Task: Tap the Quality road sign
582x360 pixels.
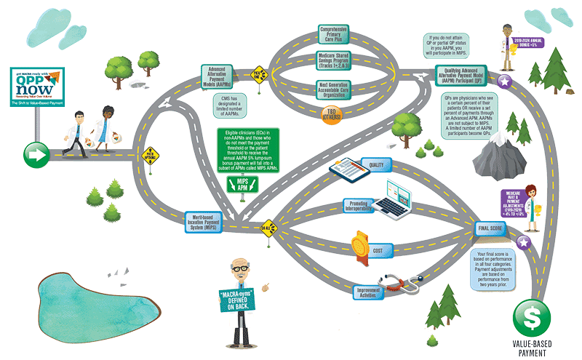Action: [375, 164]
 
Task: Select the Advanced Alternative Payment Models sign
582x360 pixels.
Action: [221, 76]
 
